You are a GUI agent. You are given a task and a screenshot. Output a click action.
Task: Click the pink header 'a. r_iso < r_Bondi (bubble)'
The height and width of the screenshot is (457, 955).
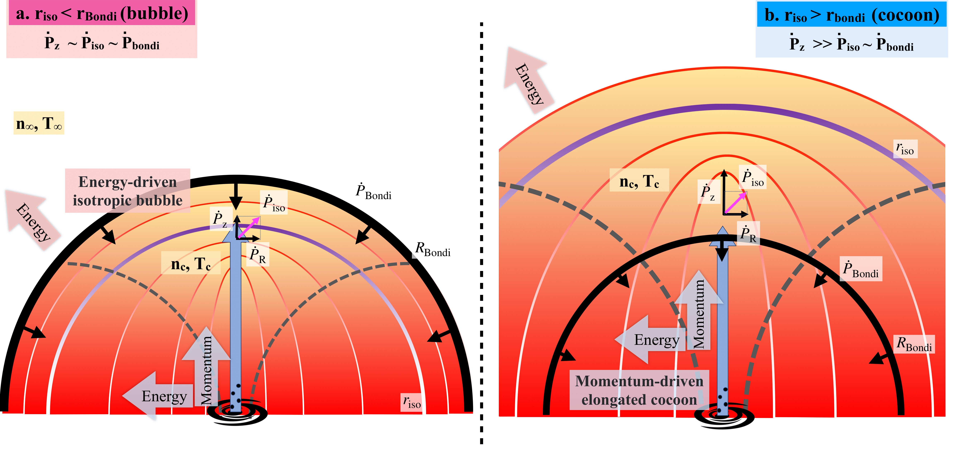102,13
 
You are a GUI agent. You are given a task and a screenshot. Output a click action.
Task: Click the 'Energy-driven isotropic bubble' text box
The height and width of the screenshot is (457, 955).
128,191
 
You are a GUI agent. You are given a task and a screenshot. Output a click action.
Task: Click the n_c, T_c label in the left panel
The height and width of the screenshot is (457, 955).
191,263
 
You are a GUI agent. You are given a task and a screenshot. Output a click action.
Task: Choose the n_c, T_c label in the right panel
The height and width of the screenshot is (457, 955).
639,180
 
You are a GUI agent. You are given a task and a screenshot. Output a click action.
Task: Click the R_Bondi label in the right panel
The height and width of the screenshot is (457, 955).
914,344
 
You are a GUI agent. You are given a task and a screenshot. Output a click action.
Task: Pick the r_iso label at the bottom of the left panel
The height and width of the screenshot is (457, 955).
412,402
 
